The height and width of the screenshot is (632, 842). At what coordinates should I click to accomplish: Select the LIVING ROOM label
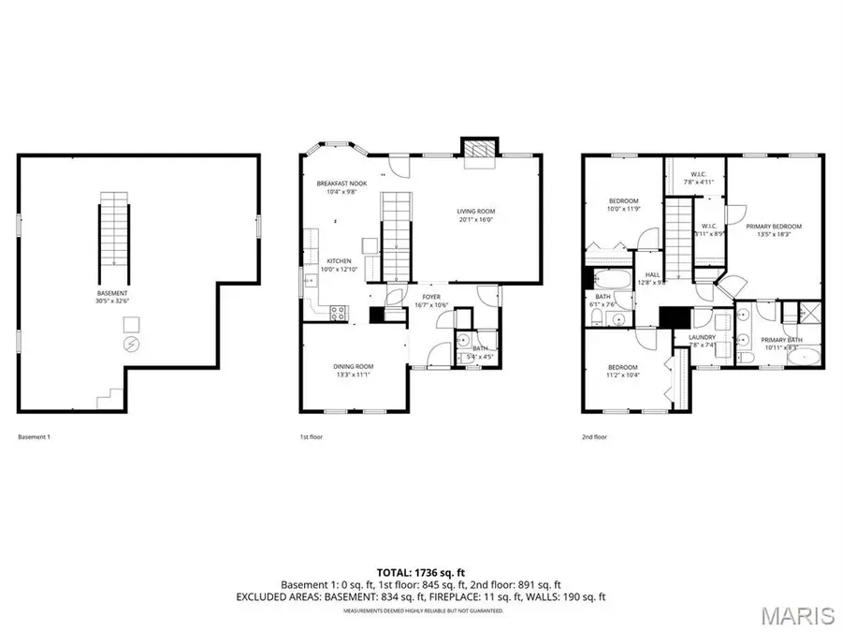(475, 213)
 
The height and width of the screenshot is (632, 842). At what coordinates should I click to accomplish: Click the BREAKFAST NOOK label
(338, 183)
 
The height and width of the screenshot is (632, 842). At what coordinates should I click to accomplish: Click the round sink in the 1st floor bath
(461, 341)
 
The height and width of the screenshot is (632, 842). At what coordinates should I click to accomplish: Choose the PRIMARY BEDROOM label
(774, 226)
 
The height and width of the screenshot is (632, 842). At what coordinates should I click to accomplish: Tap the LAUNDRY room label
(702, 337)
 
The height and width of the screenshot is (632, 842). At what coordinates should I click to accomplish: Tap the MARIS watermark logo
(798, 615)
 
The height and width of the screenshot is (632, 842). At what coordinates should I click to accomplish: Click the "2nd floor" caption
(593, 436)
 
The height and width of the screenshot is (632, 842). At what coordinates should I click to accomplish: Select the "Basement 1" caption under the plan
(35, 436)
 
